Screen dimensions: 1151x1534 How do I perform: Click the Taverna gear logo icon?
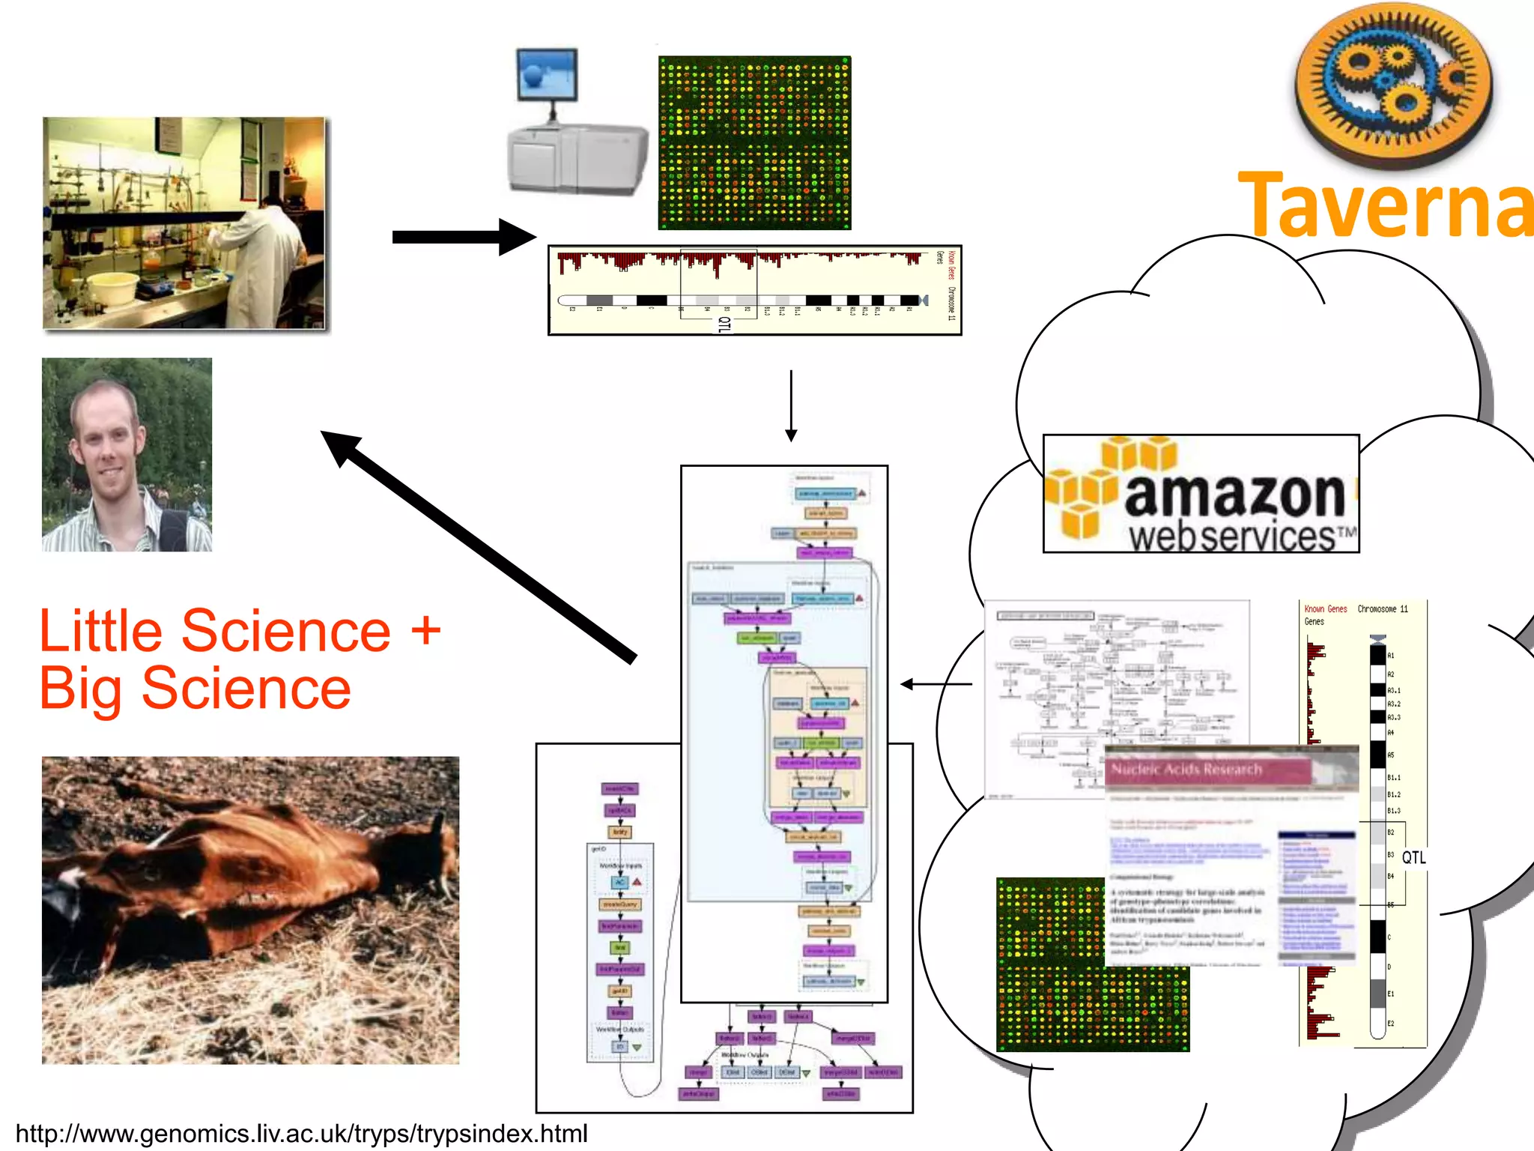(1393, 82)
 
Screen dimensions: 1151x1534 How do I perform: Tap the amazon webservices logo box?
(1201, 494)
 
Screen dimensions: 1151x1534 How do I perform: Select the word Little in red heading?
(100, 631)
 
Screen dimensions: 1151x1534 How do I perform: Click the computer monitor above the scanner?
(548, 75)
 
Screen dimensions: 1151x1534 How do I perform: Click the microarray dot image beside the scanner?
(754, 142)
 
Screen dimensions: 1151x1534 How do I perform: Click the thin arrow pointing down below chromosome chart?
(791, 405)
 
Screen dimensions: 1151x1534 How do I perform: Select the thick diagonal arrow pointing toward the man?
(479, 547)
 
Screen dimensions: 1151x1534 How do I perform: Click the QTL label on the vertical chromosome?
(1413, 857)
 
